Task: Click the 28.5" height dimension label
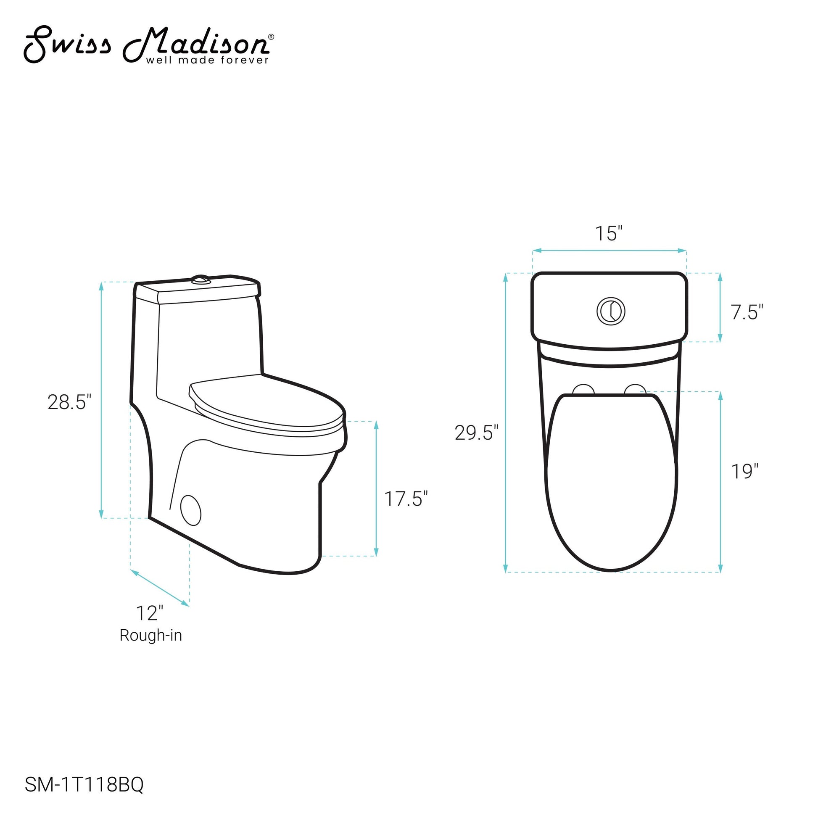click(x=69, y=402)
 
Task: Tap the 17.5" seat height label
click(x=406, y=499)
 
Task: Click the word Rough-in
click(x=151, y=636)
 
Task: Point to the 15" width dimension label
click(x=609, y=234)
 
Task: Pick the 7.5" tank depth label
click(x=747, y=312)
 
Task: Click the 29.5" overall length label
click(x=477, y=433)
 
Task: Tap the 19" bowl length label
click(x=745, y=471)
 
